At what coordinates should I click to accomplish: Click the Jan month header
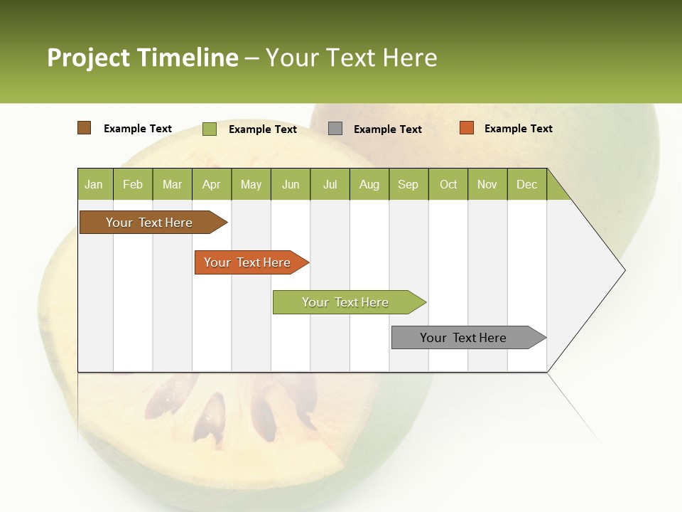94,184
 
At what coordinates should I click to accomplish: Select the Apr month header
212,184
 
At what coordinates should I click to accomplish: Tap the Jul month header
330,184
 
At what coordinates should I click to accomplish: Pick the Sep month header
408,184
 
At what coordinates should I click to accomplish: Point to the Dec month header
527,184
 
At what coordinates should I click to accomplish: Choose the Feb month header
133,184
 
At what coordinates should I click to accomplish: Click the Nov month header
487,184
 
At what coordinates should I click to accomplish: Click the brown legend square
84,128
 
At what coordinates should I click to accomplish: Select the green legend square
209,129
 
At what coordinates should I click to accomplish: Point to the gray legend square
335,129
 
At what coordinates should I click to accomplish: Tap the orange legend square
466,128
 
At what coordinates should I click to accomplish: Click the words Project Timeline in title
142,58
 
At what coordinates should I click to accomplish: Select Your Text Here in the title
351,58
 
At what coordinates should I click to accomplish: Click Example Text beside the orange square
518,129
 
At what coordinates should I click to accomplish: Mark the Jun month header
291,184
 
